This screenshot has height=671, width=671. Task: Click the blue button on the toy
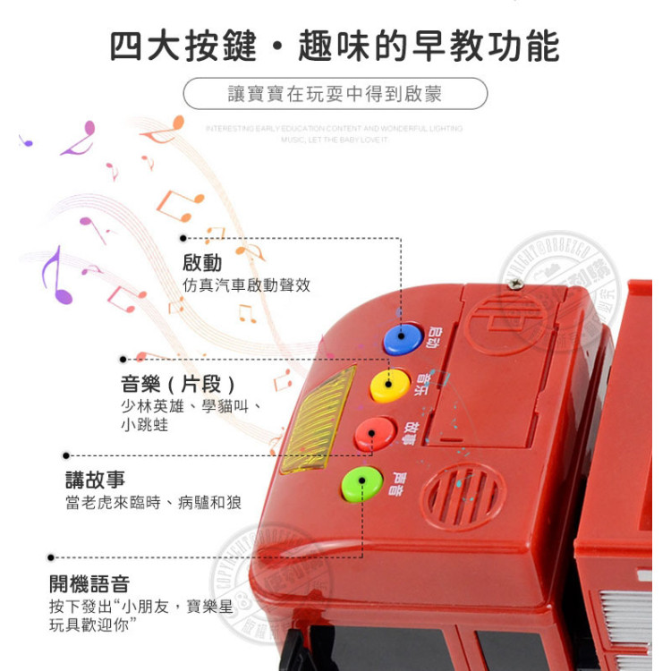pyautogui.click(x=402, y=339)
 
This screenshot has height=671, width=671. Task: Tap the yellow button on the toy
pyautogui.click(x=389, y=386)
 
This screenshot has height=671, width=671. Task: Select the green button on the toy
pyautogui.click(x=361, y=484)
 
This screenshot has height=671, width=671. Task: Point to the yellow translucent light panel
pyautogui.click(x=317, y=420)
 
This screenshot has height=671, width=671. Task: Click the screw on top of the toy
pyautogui.click(x=516, y=283)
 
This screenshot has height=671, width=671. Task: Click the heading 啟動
pyautogui.click(x=202, y=263)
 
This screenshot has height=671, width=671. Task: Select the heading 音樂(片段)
pyautogui.click(x=179, y=385)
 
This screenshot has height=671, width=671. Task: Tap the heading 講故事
pyautogui.click(x=95, y=480)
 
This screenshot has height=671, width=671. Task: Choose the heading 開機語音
pyautogui.click(x=89, y=584)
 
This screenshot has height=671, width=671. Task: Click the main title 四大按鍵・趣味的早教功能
pyautogui.click(x=335, y=46)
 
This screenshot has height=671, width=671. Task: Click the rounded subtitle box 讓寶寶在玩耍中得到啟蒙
pyautogui.click(x=335, y=93)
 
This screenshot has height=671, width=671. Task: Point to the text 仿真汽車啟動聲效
pyautogui.click(x=246, y=285)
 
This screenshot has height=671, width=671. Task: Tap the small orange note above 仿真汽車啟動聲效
pyautogui.click(x=215, y=235)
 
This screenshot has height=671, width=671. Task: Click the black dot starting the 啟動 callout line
pyautogui.click(x=183, y=238)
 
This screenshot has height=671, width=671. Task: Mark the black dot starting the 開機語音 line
pyautogui.click(x=51, y=556)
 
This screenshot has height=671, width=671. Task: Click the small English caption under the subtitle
pyautogui.click(x=335, y=134)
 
